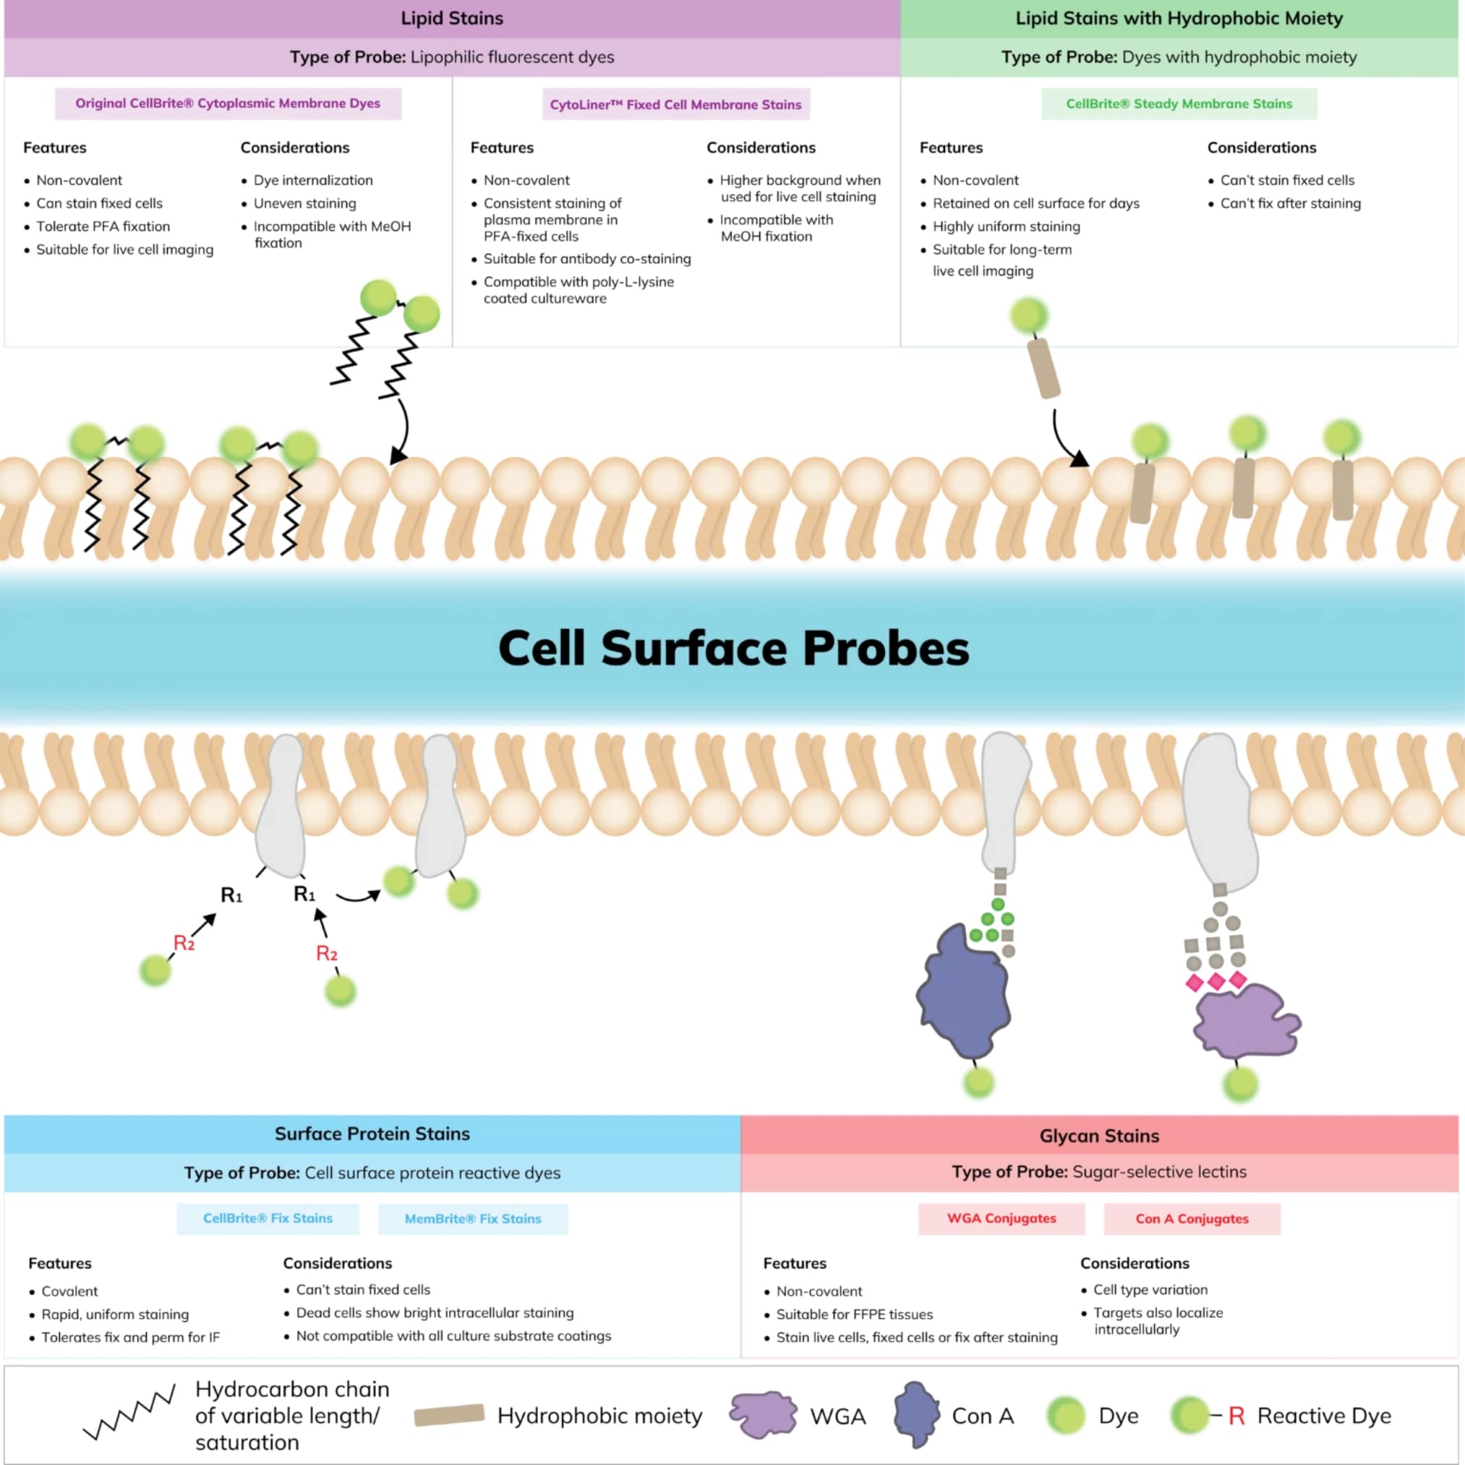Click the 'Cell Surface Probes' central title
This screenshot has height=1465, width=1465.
pos(733,649)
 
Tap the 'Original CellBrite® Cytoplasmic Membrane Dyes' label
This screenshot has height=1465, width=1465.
pos(228,103)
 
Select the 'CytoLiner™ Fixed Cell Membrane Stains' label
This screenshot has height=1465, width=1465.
pos(675,105)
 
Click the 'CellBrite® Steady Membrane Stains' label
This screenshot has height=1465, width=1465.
pos(1179,104)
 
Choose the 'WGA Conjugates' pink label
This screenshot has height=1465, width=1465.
pos(1001,1218)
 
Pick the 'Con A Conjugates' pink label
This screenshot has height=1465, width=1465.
pos(1191,1218)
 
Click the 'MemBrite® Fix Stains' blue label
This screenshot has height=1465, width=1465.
pos(473,1218)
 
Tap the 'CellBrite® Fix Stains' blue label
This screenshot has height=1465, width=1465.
pos(268,1218)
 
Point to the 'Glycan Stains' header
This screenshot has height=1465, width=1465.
pos(1099,1136)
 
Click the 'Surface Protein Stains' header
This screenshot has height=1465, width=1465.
pos(372,1134)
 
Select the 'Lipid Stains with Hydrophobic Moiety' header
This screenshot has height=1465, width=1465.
pos(1179,18)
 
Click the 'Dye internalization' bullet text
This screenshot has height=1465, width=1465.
pos(313,181)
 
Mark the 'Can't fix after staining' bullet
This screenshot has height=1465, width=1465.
pos(1290,203)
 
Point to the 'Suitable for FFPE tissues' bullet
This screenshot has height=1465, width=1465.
pos(854,1314)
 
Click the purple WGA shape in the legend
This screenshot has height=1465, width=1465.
pos(763,1414)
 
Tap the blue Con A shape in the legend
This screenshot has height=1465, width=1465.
pos(916,1414)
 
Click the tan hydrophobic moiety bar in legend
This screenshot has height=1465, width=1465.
pos(449,1415)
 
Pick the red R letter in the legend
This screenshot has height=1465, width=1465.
pos(1236,1416)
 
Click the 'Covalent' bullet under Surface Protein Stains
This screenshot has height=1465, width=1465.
pos(69,1291)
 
